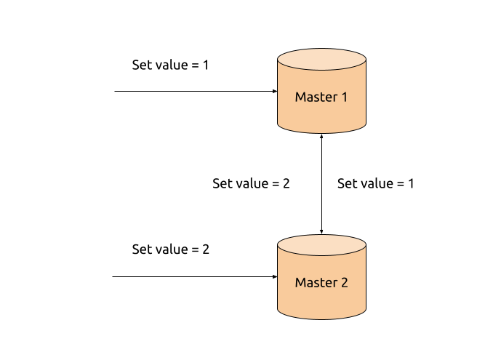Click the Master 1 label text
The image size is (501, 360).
(x=321, y=97)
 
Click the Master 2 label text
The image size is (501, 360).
(x=321, y=283)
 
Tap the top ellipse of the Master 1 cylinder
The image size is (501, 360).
(x=321, y=60)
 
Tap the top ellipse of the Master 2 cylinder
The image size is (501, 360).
(x=321, y=245)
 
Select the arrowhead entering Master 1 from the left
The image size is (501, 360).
(x=275, y=92)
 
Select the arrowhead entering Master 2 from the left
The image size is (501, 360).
(x=275, y=276)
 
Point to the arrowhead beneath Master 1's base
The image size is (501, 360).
(x=321, y=137)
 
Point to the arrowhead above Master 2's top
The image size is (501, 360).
(x=321, y=231)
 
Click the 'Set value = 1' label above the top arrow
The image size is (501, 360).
(x=170, y=65)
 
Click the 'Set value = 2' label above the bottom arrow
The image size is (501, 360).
(x=171, y=249)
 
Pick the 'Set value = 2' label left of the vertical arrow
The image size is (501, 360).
(x=251, y=183)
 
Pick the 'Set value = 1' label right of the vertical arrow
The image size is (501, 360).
(x=376, y=183)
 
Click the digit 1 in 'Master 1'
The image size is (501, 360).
(x=345, y=97)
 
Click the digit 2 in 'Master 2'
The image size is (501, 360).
(x=345, y=283)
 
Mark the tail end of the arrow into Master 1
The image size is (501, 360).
(x=115, y=92)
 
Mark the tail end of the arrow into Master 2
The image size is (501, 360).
(x=113, y=276)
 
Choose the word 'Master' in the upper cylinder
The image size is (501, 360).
(x=316, y=97)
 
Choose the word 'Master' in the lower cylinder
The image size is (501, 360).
(x=316, y=283)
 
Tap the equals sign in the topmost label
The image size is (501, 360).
(x=195, y=65)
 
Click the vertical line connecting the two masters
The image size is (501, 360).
(x=321, y=184)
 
